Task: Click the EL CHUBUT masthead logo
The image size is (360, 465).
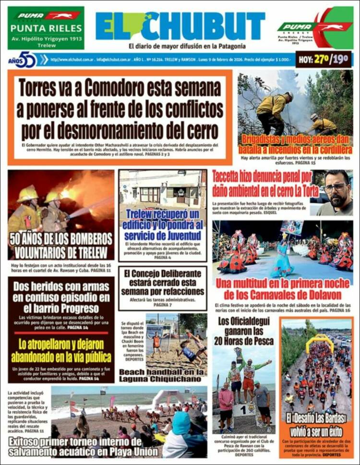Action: (180, 26)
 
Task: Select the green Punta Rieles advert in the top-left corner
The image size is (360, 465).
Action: (46, 28)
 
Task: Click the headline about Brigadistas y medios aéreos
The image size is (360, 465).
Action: (295, 144)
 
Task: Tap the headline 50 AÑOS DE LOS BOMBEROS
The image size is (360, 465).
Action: (61, 246)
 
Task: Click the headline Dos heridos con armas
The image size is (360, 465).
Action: (61, 297)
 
